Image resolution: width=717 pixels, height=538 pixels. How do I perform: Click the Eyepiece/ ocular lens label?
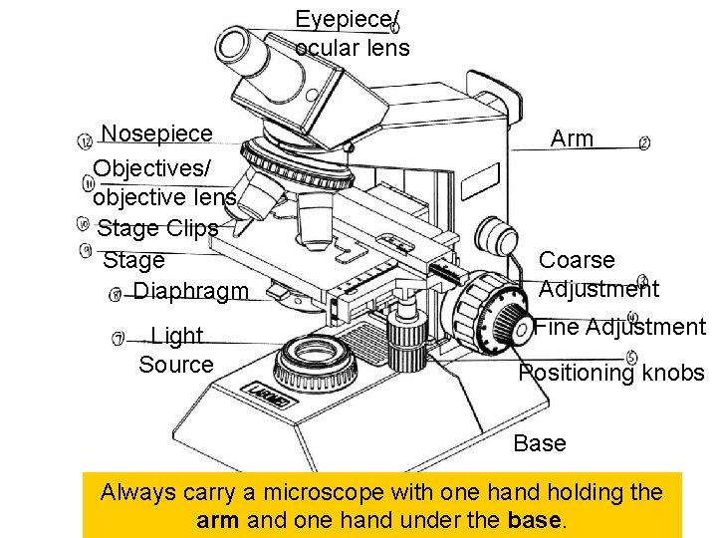coord(352,34)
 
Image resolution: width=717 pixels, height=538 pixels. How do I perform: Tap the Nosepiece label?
coord(157,134)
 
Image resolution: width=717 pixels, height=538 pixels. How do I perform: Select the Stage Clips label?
coord(157,228)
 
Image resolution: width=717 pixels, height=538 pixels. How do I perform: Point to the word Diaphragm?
coord(190,291)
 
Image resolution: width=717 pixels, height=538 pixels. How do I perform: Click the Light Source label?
coord(176,350)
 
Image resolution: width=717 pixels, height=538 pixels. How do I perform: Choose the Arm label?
coord(572,138)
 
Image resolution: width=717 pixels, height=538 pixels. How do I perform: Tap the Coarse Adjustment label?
coord(597,274)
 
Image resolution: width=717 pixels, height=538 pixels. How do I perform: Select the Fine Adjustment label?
coord(619,327)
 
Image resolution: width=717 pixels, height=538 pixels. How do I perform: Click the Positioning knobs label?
coord(610,374)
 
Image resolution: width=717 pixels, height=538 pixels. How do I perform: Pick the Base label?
coord(540,443)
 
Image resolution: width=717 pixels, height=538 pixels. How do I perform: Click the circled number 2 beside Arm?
coord(644,144)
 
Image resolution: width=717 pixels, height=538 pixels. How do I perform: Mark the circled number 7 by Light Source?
coord(119,339)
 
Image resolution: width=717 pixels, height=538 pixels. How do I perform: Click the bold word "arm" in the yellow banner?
coord(217,519)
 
